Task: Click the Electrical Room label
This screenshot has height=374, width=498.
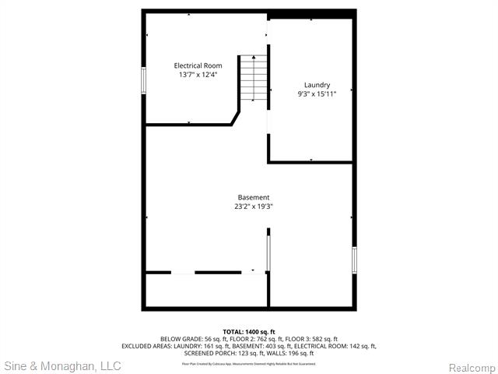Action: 198,65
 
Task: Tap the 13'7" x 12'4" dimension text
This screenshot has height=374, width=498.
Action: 198,75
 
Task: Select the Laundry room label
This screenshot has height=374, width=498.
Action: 317,85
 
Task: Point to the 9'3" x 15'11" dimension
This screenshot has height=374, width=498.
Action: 317,94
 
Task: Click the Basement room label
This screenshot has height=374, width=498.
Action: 254,197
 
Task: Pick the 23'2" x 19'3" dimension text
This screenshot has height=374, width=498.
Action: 254,206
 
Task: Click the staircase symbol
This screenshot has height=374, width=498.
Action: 252,78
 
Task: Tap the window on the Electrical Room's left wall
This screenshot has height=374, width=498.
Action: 143,80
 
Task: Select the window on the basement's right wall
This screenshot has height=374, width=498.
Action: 354,259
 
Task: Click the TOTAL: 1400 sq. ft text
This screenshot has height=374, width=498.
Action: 249,332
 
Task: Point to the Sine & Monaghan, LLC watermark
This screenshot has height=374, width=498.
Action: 62,365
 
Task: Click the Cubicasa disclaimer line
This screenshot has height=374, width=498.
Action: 249,363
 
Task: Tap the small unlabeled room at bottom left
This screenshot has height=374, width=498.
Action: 206,290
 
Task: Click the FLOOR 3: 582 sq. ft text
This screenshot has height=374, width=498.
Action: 310,339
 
